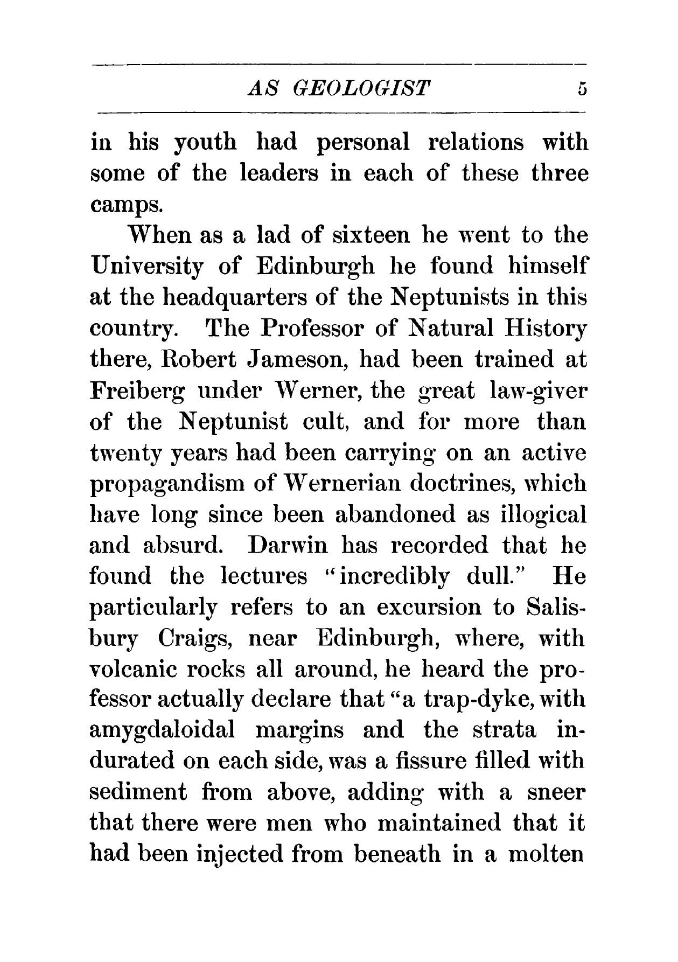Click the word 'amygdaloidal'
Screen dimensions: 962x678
[162, 731]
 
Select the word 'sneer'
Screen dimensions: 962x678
[555, 793]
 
